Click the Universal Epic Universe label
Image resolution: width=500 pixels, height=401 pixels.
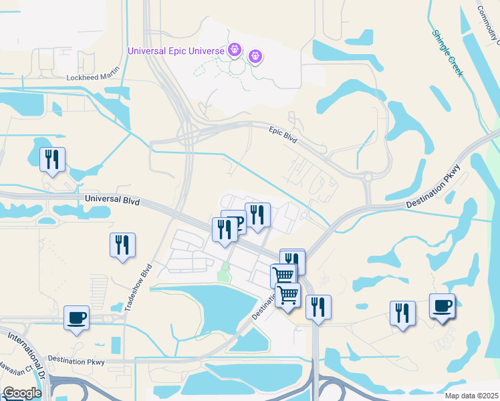point(176,50)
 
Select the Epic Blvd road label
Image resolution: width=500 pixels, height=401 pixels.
point(282,133)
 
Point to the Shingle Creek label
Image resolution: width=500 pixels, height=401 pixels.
point(447,53)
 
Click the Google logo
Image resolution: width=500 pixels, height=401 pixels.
point(21,393)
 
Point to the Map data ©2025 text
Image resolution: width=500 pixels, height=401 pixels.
point(471,396)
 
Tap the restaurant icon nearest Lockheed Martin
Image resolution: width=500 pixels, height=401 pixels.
point(52,159)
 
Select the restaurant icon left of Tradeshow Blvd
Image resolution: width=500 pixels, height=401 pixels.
point(122,245)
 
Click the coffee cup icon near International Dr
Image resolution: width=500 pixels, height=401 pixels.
point(76,317)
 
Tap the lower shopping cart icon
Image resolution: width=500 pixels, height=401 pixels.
point(287,294)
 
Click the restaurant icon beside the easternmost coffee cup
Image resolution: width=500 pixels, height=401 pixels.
point(402,313)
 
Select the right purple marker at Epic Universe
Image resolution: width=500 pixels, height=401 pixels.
point(255,56)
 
